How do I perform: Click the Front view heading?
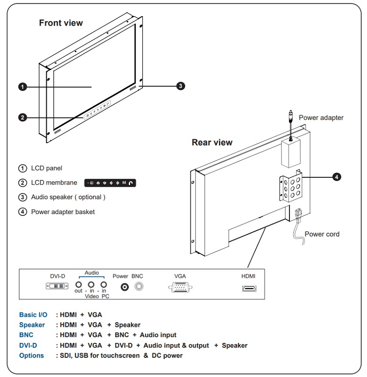coord(61,23)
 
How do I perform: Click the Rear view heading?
coord(212,142)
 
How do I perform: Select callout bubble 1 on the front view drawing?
coord(22,87)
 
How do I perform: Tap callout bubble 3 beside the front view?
coord(180,86)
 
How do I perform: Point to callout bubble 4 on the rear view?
coord(336,177)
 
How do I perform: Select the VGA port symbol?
coord(180,287)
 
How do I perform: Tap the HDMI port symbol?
coord(249,288)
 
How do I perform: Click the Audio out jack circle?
coord(79,285)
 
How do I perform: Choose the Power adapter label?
coord(321,118)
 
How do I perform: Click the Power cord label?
coord(322,234)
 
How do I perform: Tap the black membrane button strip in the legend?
coord(110,183)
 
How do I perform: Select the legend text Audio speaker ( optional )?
coord(68,197)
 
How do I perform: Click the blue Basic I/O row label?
coord(33,315)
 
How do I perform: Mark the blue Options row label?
coord(31,355)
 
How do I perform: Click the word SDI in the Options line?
coord(66,355)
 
